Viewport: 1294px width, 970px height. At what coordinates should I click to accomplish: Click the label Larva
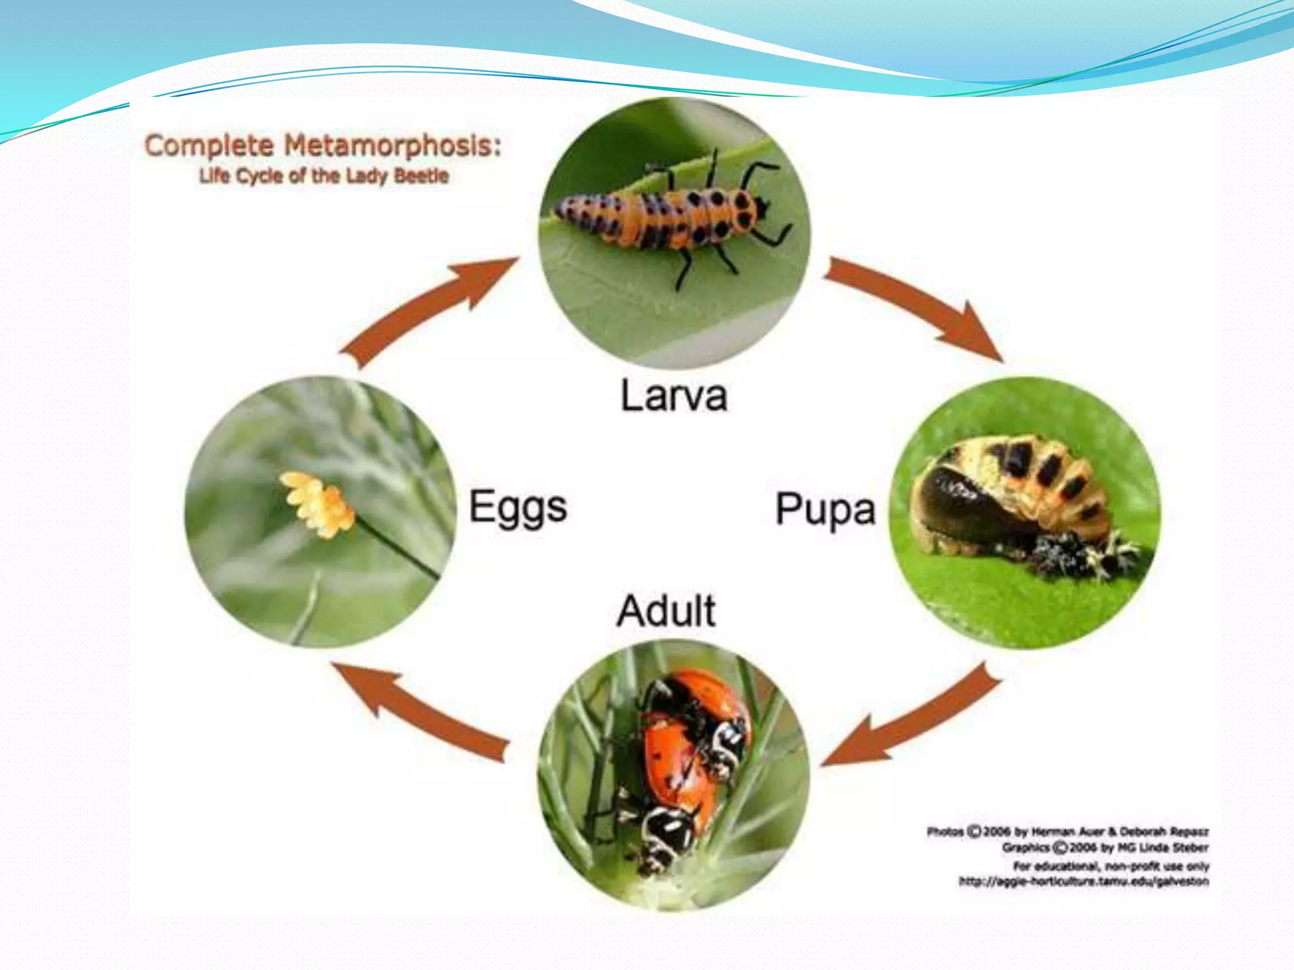674,396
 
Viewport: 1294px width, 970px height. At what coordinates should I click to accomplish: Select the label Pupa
825,509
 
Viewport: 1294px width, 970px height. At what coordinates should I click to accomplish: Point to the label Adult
666,611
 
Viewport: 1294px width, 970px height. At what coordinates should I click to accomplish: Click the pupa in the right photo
1011,499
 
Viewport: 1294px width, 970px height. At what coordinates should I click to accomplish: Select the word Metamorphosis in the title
392,146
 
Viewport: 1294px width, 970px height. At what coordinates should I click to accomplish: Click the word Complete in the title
209,146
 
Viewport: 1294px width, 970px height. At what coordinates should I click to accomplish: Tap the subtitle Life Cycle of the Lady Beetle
323,176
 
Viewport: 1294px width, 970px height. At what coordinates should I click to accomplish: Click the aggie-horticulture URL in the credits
1084,882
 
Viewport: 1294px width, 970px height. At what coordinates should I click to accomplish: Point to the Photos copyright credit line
1068,831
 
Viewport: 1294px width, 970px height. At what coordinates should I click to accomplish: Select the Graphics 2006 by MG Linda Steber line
1106,847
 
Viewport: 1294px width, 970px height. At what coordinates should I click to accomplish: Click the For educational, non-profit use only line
1111,865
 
